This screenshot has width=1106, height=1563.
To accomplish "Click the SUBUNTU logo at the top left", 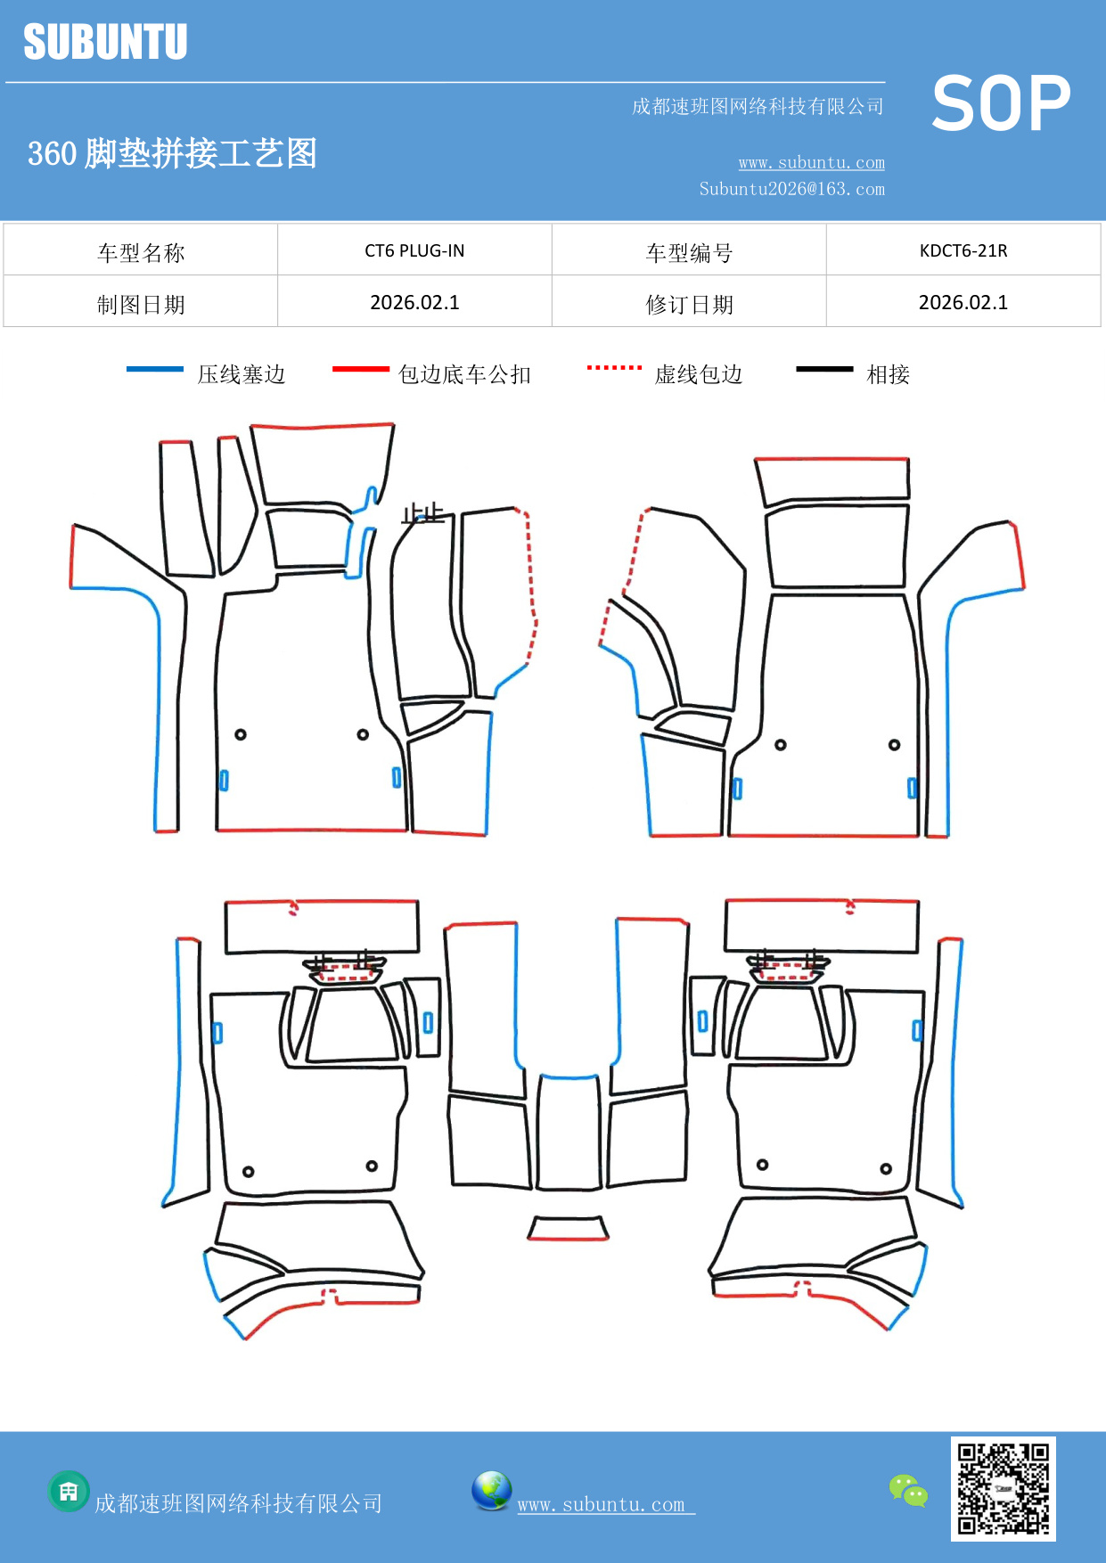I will click(105, 42).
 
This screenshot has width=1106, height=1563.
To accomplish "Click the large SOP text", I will click(1000, 103).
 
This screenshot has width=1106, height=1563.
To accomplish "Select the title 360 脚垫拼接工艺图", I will click(172, 153).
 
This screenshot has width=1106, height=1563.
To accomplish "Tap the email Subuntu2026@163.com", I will click(791, 189).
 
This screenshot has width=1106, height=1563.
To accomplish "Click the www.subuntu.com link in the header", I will click(811, 162).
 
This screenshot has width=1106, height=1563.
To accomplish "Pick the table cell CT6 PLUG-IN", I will click(414, 250).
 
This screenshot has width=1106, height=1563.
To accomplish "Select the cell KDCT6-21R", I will click(963, 250).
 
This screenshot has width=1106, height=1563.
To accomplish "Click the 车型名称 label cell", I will click(141, 252).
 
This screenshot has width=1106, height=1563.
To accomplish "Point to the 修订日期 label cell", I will click(689, 304).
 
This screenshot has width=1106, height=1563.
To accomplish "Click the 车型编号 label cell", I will click(689, 252).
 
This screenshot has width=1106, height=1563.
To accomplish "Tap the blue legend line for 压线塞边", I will click(155, 369).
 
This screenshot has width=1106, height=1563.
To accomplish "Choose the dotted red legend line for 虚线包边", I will click(614, 367).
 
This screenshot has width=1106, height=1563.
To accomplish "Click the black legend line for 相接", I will click(824, 369).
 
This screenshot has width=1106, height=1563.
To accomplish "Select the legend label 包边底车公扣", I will click(464, 374).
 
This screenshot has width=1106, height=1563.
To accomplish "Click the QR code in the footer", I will click(1003, 1488).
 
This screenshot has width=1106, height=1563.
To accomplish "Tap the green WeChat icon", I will click(908, 1490).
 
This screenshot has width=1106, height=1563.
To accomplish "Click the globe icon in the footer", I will click(491, 1490).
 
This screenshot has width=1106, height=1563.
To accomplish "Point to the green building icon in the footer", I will click(69, 1491).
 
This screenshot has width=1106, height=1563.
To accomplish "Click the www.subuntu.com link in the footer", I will click(602, 1504).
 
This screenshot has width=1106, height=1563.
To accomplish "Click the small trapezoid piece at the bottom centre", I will click(568, 1229).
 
